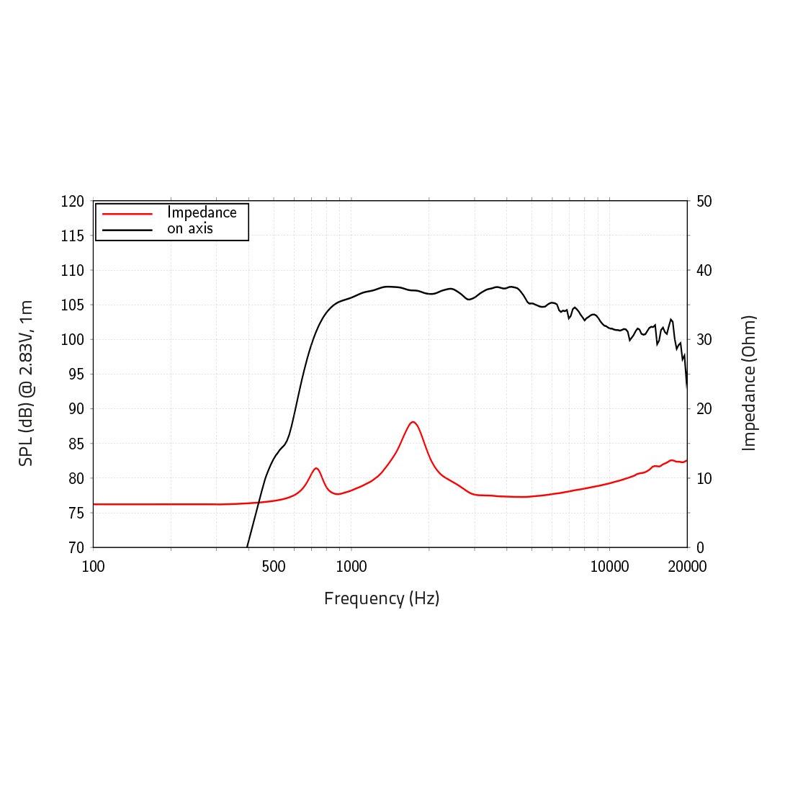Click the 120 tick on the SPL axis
point(72,202)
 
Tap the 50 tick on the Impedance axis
point(704,202)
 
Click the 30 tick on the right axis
point(704,340)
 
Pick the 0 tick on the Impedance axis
point(701,547)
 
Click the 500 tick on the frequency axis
point(274,567)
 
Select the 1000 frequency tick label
point(351,567)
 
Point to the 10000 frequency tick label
point(609,567)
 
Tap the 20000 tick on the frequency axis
point(687,567)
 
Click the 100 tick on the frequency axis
point(94,567)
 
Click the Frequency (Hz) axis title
point(382,598)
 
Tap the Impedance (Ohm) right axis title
point(750,383)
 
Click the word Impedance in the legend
point(202,212)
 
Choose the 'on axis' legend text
point(190,229)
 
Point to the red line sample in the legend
point(127,214)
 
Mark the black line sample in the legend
point(127,230)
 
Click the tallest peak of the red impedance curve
point(413,422)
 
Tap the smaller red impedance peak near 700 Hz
point(316,468)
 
